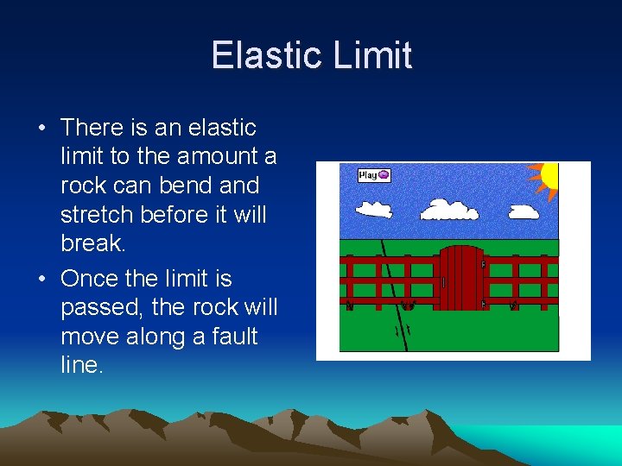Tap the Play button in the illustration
[374, 175]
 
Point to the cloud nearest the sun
[524, 211]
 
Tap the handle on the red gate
[443, 282]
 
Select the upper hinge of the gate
[482, 263]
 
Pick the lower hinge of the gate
[482, 303]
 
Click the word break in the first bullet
[92, 243]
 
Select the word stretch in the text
[96, 214]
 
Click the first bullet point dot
[41, 129]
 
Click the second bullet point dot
[41, 280]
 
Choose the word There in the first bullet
[92, 128]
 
